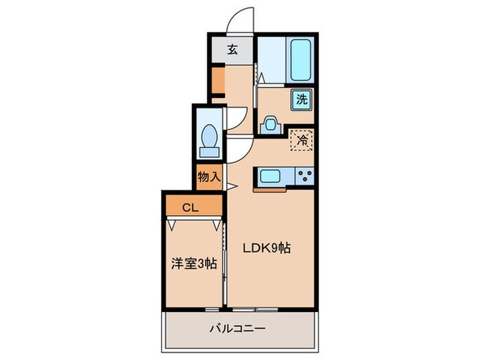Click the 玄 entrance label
(232, 49)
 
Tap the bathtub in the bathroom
(300, 60)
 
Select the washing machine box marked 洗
(302, 99)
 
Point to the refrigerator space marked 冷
(302, 139)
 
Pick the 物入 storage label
(209, 177)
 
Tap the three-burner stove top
(303, 176)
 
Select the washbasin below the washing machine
(269, 124)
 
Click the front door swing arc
(239, 19)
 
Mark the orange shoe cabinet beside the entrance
(217, 81)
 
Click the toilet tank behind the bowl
(208, 151)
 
